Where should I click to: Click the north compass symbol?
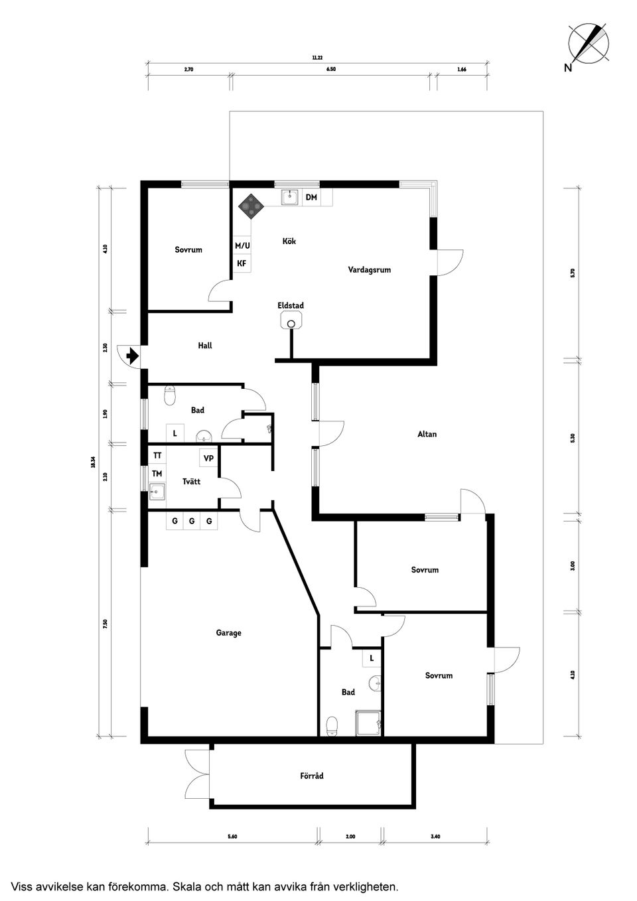coord(589,43)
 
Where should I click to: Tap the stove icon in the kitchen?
coord(251,206)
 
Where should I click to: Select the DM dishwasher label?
coord(311,198)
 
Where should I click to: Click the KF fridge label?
coord(242,263)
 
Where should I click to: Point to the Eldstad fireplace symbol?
coord(291,322)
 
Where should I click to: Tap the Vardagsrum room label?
coord(369,270)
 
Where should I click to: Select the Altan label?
coord(427,434)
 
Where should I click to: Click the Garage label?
coord(228,633)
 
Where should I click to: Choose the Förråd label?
coord(312,776)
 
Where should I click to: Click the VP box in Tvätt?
coord(208,458)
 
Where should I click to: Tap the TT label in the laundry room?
coord(157,456)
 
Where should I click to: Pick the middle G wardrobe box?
coord(192,521)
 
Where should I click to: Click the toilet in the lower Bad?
coord(332,727)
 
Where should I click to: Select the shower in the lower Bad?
coord(369,723)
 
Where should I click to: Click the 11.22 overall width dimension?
coord(317,58)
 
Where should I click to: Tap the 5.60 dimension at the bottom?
coord(232,837)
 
